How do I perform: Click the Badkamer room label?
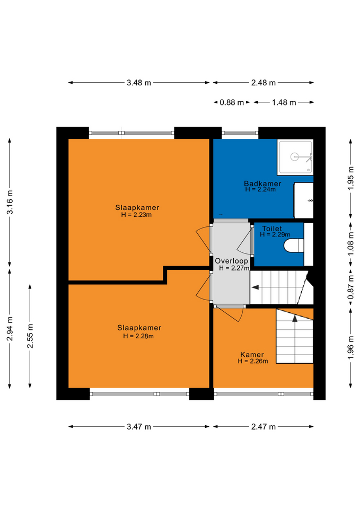pyautogui.click(x=262, y=183)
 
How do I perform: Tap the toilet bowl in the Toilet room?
pyautogui.click(x=294, y=245)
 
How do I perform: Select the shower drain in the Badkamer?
pyautogui.click(x=294, y=157)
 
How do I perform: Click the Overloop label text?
pyautogui.click(x=232, y=261)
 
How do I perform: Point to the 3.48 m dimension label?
pyautogui.click(x=139, y=83)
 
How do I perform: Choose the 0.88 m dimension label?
pyautogui.click(x=232, y=102)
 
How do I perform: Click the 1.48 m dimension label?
pyautogui.click(x=284, y=102)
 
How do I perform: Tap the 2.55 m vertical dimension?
pyautogui.click(x=30, y=336)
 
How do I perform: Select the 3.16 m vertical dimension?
pyautogui.click(x=10, y=202)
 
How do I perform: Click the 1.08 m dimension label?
pyautogui.click(x=350, y=243)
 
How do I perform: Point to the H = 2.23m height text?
pyautogui.click(x=136, y=215)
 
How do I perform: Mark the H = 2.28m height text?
pyautogui.click(x=138, y=336)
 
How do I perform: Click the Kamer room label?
pyautogui.click(x=252, y=355)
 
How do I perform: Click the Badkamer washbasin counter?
pyautogui.click(x=303, y=200)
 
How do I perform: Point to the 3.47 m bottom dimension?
pyautogui.click(x=139, y=426)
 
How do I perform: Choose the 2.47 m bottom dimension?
pyautogui.click(x=264, y=426)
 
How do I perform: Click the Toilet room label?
pyautogui.click(x=272, y=229)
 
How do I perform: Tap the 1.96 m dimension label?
pyautogui.click(x=350, y=347)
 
